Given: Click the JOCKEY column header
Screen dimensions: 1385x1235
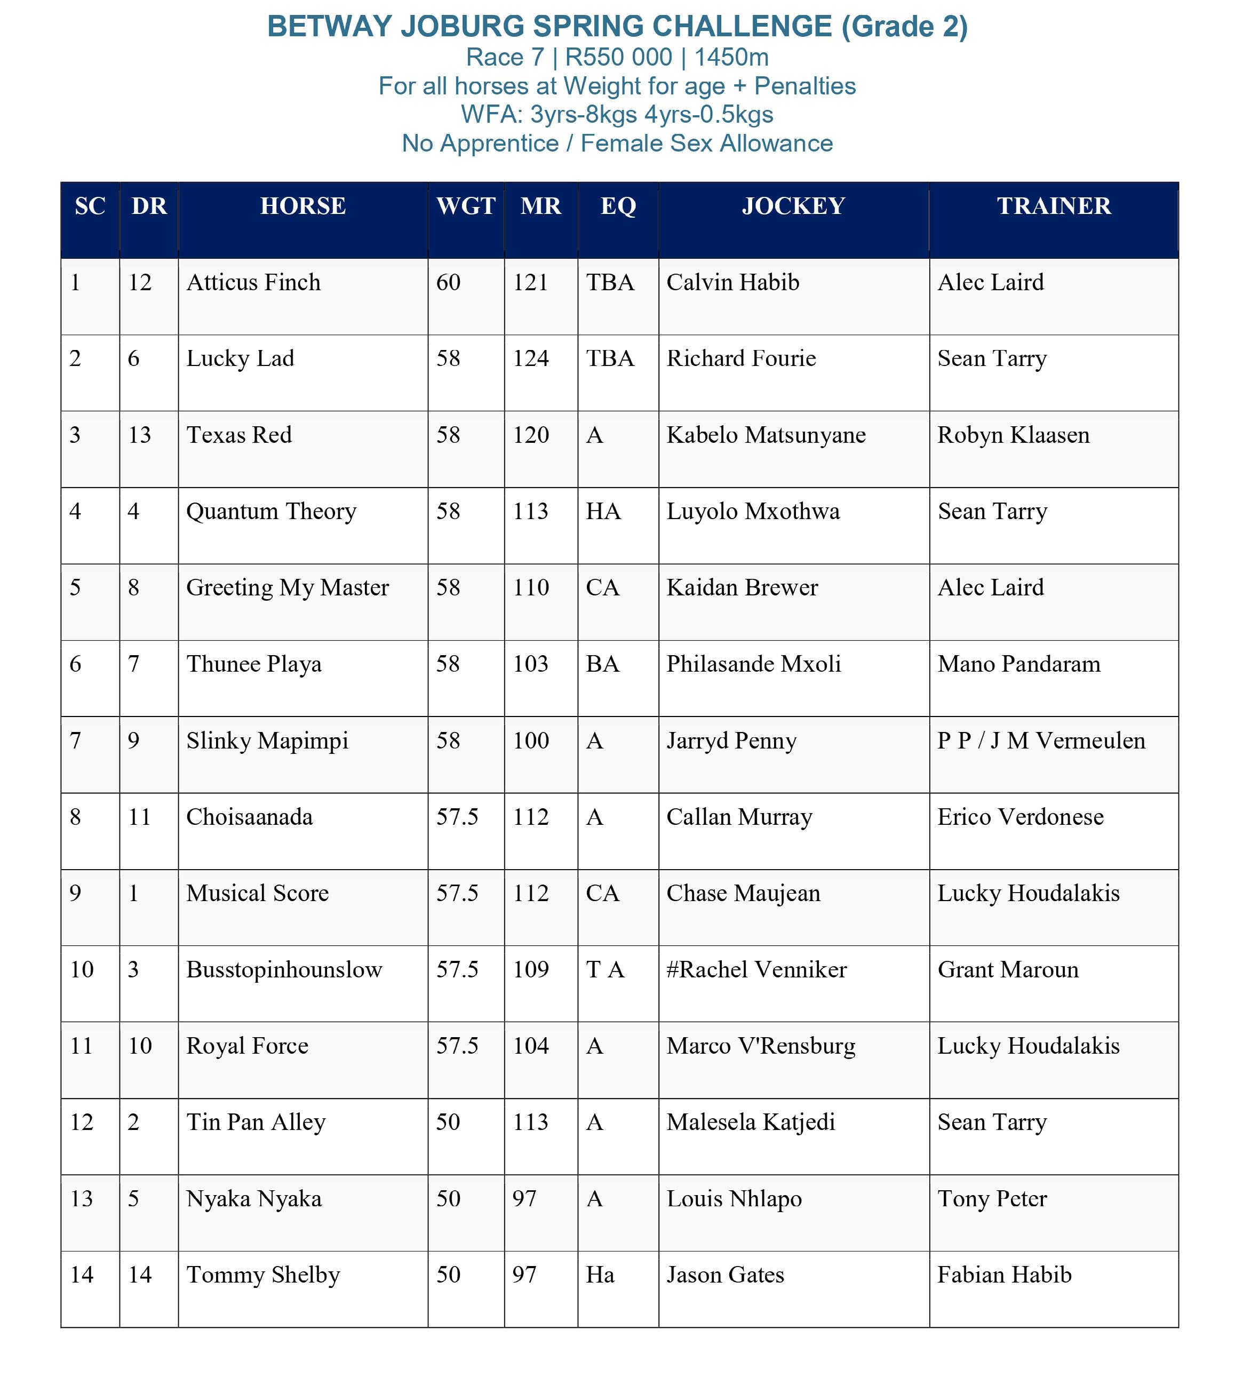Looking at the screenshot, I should pyautogui.click(x=793, y=205).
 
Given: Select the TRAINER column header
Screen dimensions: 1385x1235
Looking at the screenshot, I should pyautogui.click(x=1053, y=205).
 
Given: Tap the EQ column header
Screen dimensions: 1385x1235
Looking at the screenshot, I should pyautogui.click(x=618, y=205).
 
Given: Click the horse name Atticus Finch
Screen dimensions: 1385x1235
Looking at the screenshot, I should pyautogui.click(x=253, y=282).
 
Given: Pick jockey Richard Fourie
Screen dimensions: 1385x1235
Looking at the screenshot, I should pyautogui.click(x=741, y=359).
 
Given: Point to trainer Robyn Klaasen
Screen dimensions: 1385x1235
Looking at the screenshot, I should pyautogui.click(x=1013, y=435).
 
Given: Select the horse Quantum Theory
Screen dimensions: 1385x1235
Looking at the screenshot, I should pyautogui.click(x=271, y=512).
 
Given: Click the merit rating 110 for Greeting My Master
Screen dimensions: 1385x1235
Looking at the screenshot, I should pyautogui.click(x=531, y=587).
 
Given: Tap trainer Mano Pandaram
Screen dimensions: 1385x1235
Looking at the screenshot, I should pyautogui.click(x=1018, y=664).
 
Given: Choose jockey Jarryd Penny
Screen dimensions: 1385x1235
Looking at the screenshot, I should pyautogui.click(x=731, y=741).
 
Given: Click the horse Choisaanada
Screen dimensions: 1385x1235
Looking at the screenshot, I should pyautogui.click(x=250, y=817).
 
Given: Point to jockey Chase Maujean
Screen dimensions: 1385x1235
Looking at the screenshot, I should pyautogui.click(x=743, y=893).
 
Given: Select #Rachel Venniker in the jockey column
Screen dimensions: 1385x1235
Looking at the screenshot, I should pyautogui.click(x=756, y=970).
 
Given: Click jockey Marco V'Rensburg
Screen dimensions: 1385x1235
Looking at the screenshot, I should pyautogui.click(x=761, y=1046).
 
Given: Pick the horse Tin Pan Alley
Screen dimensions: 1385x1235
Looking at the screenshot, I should pyautogui.click(x=256, y=1123).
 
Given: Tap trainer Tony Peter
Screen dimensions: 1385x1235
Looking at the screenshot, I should pyautogui.click(x=992, y=1199).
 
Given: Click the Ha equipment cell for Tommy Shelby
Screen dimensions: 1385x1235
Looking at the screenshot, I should pyautogui.click(x=600, y=1275).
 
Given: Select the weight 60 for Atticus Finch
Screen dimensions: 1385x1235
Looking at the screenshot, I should pyautogui.click(x=448, y=282).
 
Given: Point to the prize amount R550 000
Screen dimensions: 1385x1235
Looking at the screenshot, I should pyautogui.click(x=618, y=58).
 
